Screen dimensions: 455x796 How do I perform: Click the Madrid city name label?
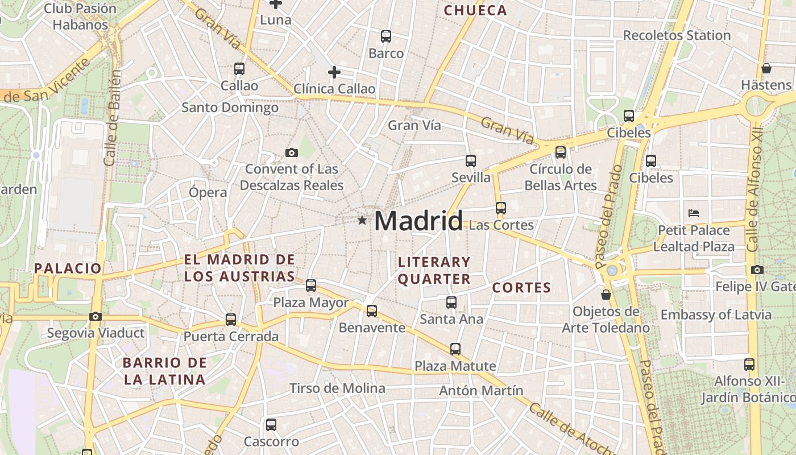418,221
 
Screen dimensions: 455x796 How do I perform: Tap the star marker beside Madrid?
362,220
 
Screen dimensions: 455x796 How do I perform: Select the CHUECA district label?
475,10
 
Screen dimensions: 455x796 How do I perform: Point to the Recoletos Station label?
677,35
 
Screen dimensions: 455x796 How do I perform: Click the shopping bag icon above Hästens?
766,68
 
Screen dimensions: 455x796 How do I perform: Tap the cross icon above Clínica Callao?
334,72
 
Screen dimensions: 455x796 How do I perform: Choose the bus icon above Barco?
386,36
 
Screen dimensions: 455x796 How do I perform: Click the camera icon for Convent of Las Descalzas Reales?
292,152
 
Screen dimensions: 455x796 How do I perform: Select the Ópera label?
208,192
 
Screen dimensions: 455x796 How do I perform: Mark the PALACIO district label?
68,268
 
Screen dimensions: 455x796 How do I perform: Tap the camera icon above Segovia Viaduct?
96,316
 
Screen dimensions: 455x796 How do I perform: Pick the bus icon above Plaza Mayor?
311,286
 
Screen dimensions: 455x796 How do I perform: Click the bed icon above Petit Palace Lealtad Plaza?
694,213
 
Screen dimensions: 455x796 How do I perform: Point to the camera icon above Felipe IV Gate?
757,270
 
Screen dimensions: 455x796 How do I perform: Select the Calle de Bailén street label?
112,118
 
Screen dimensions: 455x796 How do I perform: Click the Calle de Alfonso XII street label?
754,191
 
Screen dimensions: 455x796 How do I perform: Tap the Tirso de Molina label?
337,388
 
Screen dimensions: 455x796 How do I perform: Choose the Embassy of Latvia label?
716,315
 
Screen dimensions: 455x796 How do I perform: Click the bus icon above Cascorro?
271,424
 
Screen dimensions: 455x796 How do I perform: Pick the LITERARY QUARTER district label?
434,270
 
